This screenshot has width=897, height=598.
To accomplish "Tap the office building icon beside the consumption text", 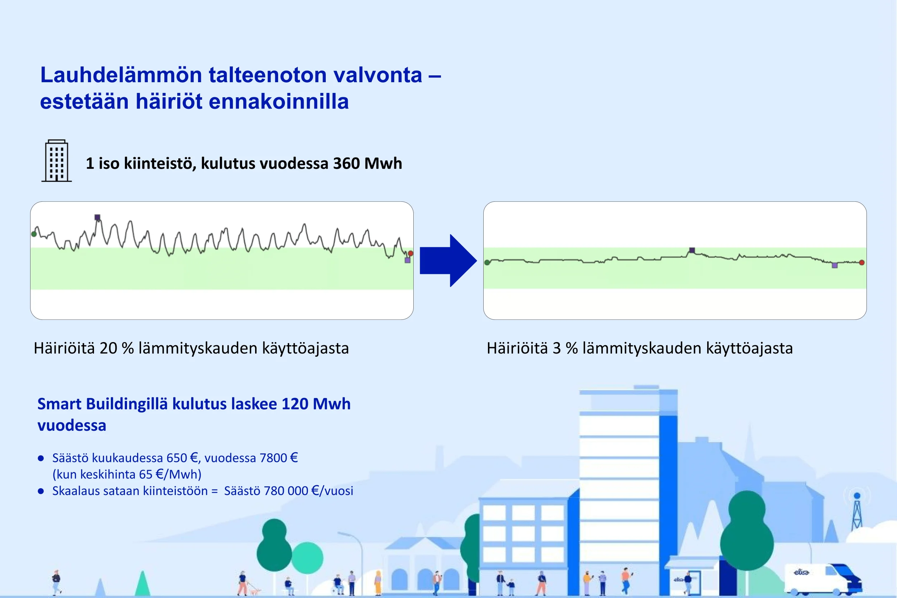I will point(56,160).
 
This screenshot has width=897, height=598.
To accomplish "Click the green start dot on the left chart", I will point(34,234).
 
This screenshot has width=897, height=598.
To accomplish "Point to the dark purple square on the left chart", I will point(97,218).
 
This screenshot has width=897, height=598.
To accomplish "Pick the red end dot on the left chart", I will point(410,253).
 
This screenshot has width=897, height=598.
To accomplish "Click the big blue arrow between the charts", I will point(448,261).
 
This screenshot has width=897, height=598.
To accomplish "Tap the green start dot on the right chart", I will point(487,262).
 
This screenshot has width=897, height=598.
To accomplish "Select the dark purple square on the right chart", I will point(692,251).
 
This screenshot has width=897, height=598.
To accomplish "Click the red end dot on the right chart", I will point(862,262).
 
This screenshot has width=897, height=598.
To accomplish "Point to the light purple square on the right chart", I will point(835,265).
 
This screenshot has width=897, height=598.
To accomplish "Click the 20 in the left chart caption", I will point(108,348).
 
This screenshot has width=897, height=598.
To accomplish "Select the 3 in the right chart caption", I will point(556,348).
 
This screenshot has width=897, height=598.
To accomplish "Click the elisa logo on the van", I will point(801,572).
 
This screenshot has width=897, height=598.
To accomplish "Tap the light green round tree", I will point(307,557).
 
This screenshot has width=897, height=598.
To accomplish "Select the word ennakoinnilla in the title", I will point(279,102).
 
